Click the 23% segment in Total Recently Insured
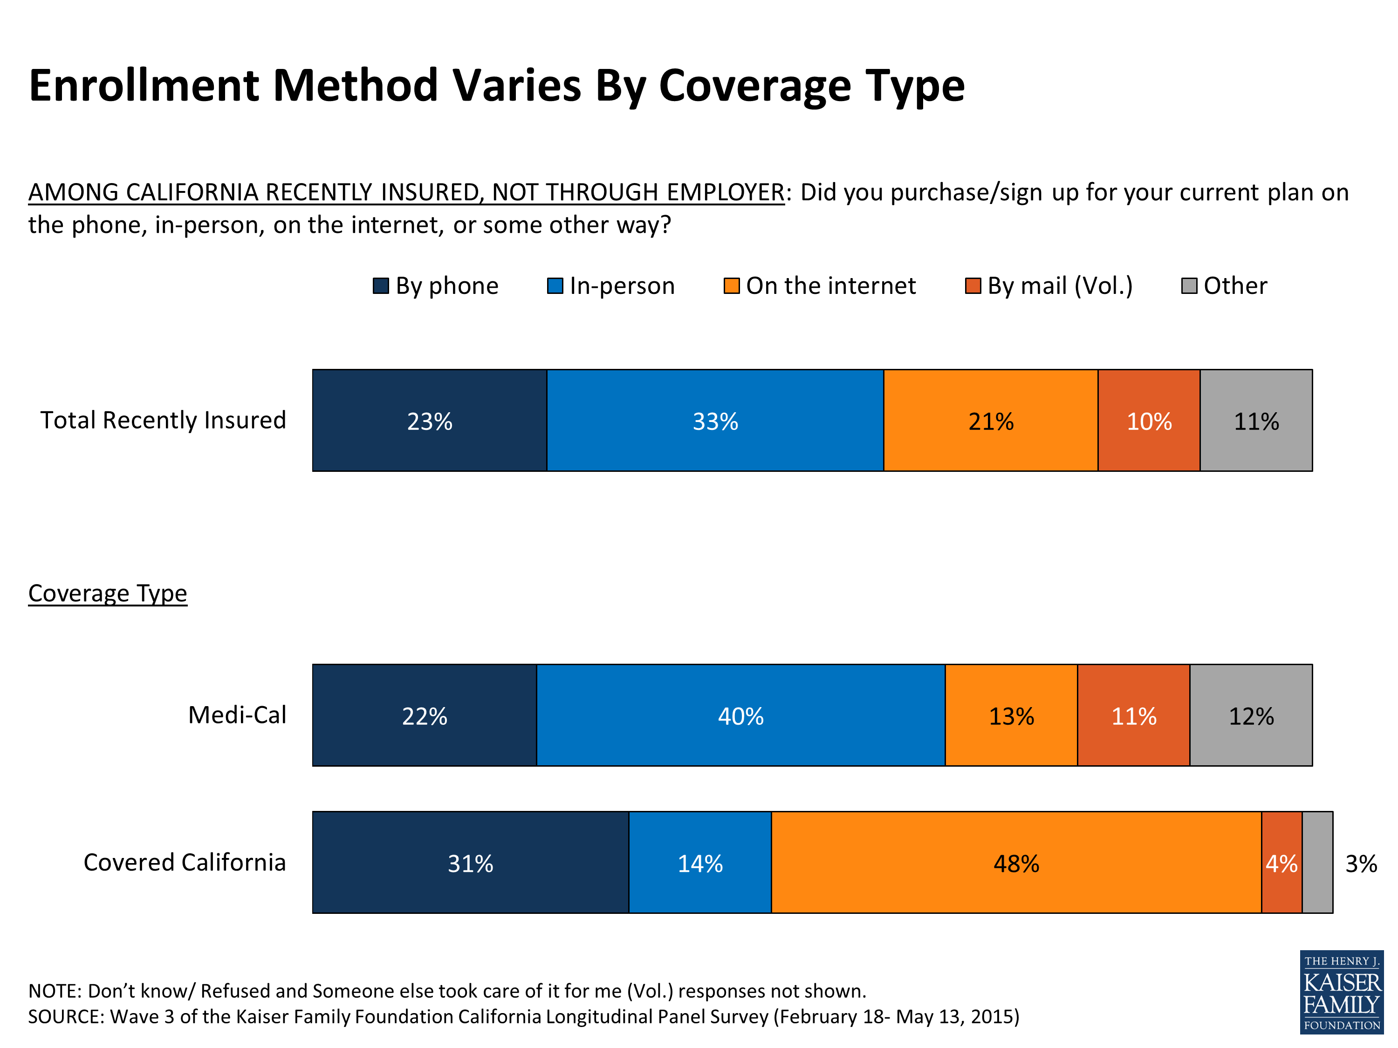click(x=430, y=421)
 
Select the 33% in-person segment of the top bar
click(x=715, y=421)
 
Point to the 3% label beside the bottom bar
click(x=1361, y=864)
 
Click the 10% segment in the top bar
click(x=1149, y=421)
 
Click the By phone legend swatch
click(x=380, y=286)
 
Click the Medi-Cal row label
click(x=237, y=715)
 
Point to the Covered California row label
click(x=185, y=862)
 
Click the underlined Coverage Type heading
click(x=108, y=593)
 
